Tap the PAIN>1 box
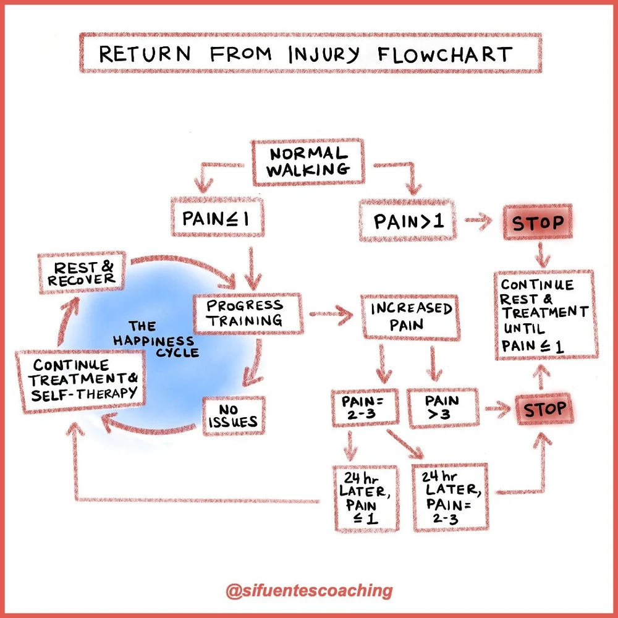click(x=408, y=221)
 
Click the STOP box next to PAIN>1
click(x=537, y=222)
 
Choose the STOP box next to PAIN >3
click(x=544, y=408)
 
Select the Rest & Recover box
click(x=82, y=272)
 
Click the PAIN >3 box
click(x=442, y=408)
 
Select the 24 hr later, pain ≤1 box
click(x=365, y=498)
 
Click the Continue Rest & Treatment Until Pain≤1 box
click(x=544, y=314)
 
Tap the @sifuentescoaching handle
click(x=309, y=590)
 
